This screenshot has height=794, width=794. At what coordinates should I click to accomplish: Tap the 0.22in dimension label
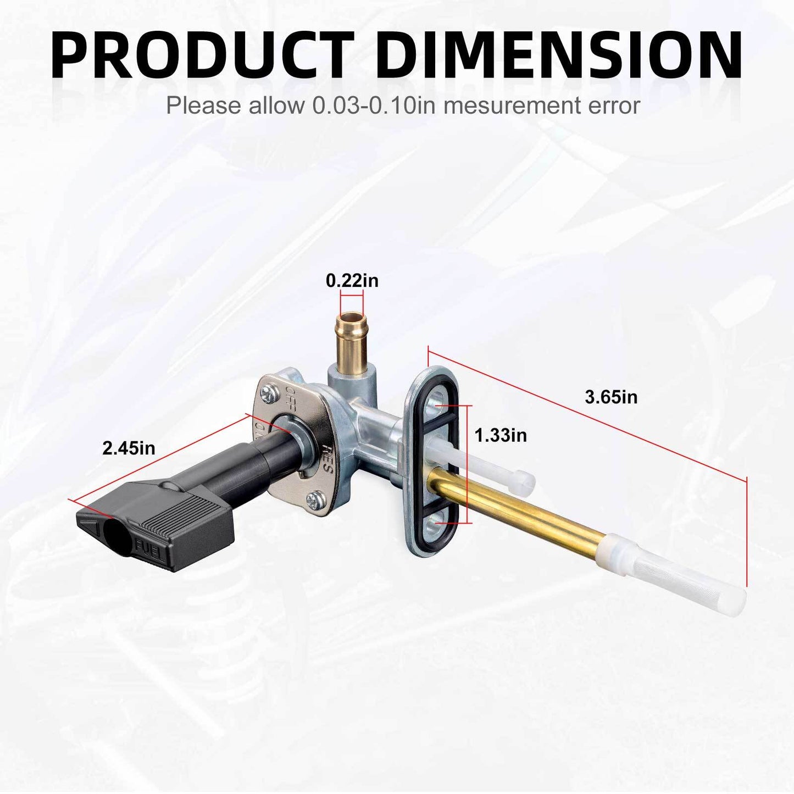352,281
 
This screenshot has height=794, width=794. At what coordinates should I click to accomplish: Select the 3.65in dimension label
611,397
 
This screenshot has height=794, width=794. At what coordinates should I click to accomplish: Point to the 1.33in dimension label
501,435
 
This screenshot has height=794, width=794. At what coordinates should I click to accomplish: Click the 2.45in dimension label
129,448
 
